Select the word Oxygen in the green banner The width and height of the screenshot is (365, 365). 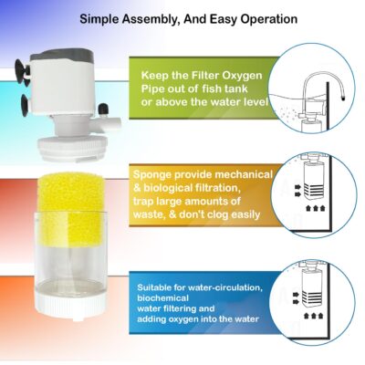point(243,76)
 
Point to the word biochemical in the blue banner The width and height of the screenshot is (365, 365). point(162,297)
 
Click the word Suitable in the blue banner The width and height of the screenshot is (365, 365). point(151,287)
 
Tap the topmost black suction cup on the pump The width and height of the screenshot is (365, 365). point(22,68)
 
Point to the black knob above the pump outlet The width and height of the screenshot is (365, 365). point(104,109)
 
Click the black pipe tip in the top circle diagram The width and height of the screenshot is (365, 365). point(343,98)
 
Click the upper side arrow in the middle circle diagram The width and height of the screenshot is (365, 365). point(297,187)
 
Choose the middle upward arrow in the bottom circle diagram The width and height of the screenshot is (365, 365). point(313,316)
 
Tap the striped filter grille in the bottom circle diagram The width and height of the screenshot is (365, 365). point(312,298)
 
